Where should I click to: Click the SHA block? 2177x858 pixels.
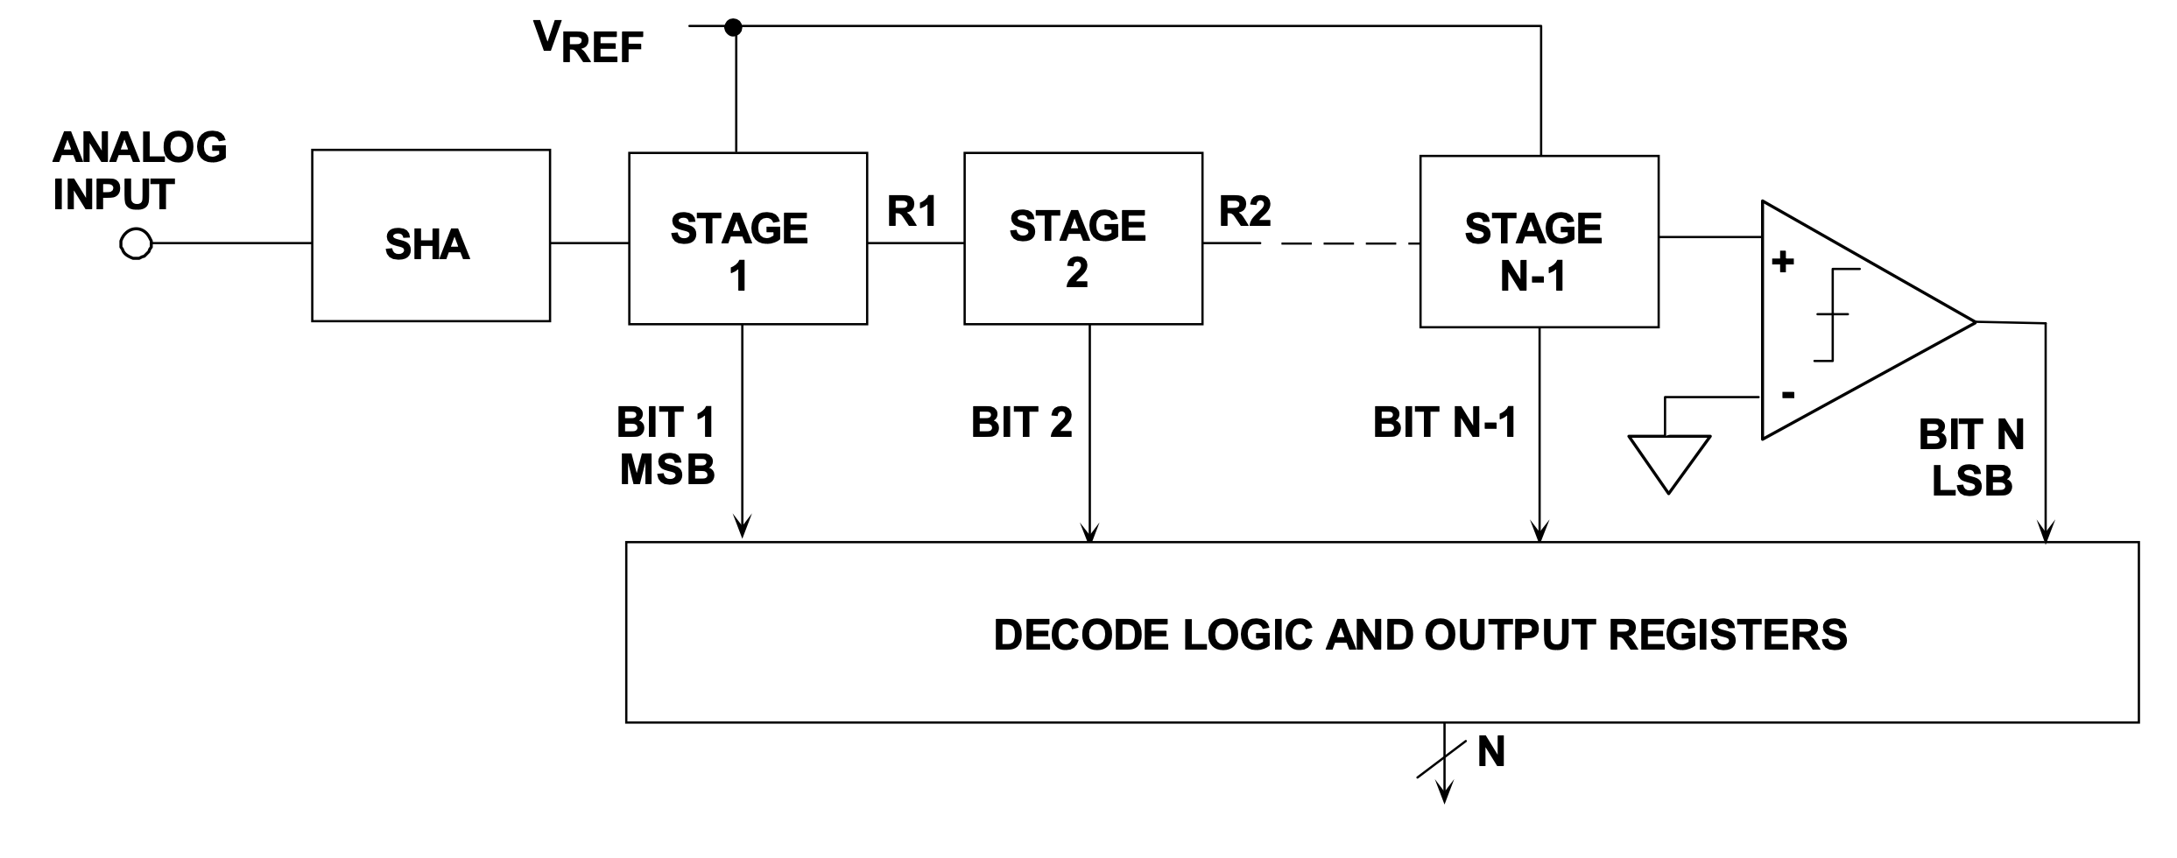tap(430, 236)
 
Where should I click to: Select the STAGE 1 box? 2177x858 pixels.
tap(747, 239)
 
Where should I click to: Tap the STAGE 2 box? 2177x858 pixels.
tap(1082, 239)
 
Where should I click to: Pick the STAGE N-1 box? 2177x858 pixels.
tap(1539, 242)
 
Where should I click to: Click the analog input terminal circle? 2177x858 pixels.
tap(135, 243)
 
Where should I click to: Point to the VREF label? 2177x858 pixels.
tap(588, 41)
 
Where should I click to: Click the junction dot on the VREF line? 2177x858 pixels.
tap(734, 28)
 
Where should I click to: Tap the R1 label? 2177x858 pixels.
tap(912, 211)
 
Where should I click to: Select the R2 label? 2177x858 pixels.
tap(1244, 211)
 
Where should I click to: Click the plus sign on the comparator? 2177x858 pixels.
tap(1782, 261)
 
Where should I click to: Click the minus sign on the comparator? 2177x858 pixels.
tap(1787, 395)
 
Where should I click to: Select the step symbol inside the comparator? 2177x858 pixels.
tap(1835, 313)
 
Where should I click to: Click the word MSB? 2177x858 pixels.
tap(666, 470)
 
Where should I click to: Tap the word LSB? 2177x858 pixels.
tap(1972, 481)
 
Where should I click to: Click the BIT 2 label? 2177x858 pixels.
tap(1021, 423)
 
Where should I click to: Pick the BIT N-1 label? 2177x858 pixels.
tap(1444, 423)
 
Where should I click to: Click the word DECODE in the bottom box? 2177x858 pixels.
tap(1082, 635)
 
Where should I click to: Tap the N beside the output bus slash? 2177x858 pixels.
tap(1490, 752)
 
